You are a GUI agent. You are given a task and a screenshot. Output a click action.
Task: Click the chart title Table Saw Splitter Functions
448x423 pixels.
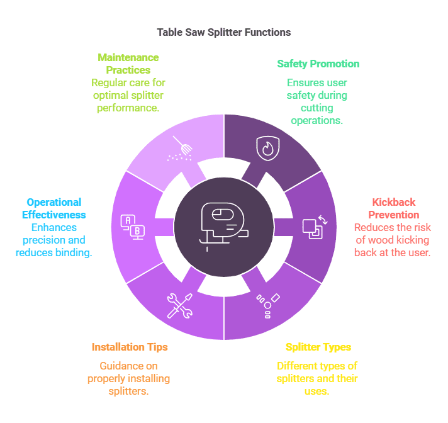223,31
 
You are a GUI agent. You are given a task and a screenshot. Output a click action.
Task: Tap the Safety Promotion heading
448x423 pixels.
318,64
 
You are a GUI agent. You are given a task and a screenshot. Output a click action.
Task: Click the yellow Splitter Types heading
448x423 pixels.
318,347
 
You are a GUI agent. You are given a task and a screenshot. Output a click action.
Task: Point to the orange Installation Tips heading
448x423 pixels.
130,347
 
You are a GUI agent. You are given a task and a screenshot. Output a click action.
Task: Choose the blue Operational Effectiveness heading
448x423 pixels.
54,208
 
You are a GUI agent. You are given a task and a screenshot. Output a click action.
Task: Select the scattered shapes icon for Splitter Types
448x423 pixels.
267,305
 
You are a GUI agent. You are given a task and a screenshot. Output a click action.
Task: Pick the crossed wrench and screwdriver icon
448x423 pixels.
181,305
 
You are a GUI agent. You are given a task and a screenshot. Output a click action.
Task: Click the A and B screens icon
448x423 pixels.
133,227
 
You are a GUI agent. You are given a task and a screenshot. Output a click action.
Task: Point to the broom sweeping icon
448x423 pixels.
181,149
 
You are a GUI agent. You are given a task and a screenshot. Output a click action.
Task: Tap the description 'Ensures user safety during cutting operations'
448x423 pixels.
317,101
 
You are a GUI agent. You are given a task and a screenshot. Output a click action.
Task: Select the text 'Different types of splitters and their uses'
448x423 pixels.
317,378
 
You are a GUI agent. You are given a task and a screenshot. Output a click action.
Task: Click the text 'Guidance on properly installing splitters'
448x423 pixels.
129,378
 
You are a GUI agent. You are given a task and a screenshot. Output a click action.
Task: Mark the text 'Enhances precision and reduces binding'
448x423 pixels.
54,240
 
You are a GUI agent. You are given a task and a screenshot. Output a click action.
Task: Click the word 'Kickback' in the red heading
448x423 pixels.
394,202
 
